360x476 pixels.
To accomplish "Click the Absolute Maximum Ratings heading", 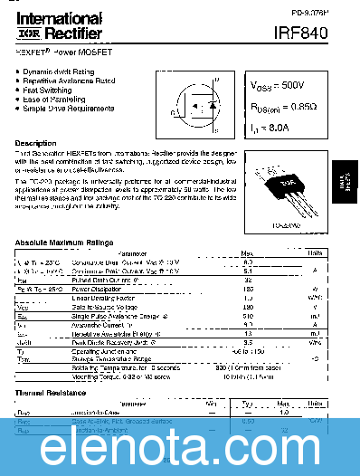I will [x=63, y=243].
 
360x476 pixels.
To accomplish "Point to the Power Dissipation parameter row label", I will [x=97, y=289].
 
